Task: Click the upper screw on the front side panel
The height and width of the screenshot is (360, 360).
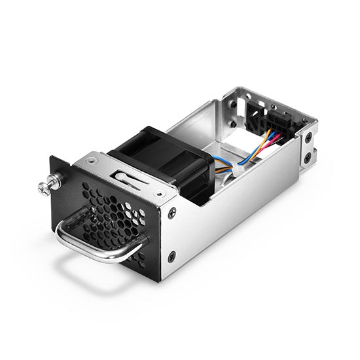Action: point(171,213)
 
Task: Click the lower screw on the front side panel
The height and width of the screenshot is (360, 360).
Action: point(171,257)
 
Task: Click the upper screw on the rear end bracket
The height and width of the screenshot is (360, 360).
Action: point(308,138)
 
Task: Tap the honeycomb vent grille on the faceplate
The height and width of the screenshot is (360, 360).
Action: point(111,216)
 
